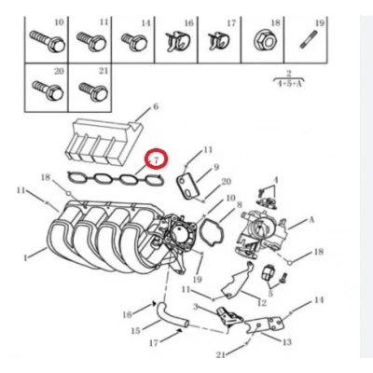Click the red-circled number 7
[158, 159]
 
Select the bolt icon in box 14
[131, 40]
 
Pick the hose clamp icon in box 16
[174, 40]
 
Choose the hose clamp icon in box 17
[216, 40]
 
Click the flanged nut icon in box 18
[261, 39]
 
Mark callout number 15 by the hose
[136, 330]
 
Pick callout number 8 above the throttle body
[239, 204]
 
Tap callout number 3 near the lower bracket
[195, 304]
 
